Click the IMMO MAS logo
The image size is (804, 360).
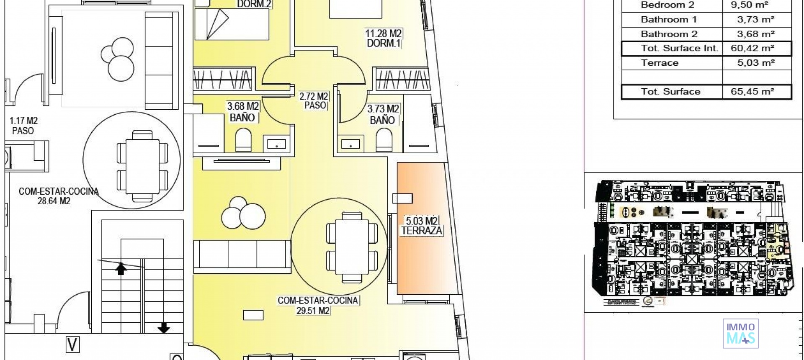point(740,334)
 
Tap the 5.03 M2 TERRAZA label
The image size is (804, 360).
point(422,226)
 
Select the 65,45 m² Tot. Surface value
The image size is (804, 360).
point(752,92)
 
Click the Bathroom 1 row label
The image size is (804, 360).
point(668,20)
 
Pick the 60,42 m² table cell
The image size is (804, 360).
point(752,48)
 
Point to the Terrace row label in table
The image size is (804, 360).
point(660,63)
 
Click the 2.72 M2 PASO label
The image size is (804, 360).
point(314,101)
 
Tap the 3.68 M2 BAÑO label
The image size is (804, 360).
point(242,112)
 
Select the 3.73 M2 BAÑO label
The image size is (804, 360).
point(383,114)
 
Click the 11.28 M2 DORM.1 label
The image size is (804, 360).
point(384,38)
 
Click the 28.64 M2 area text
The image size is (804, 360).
point(54,201)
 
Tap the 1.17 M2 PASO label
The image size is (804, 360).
point(23,126)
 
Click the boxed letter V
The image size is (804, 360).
point(72,345)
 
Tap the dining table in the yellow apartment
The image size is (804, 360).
point(352,247)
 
